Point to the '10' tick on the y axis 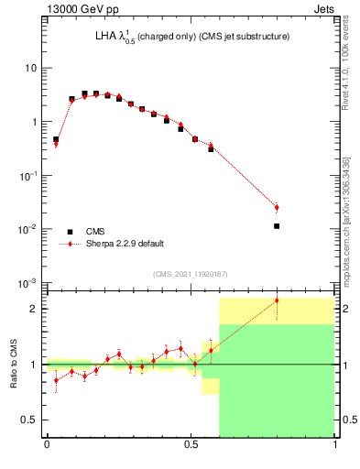click(x=31, y=69)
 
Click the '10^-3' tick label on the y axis click(x=29, y=282)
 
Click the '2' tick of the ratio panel click(x=36, y=309)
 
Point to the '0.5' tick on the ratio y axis click(x=31, y=420)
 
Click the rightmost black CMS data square click(x=277, y=225)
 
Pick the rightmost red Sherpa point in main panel click(x=277, y=208)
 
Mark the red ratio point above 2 click(x=277, y=300)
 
